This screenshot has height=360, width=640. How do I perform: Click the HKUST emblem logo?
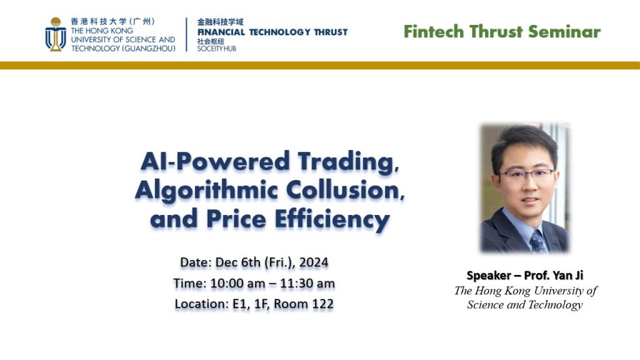[x=56, y=34]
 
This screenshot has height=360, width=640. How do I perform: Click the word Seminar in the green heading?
[x=564, y=31]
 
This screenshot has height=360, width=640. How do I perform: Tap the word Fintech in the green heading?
[x=434, y=31]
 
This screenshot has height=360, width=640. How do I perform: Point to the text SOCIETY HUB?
[x=217, y=49]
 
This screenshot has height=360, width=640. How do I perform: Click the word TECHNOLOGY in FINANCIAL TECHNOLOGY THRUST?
[x=280, y=32]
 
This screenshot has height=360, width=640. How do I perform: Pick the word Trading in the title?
[x=348, y=162]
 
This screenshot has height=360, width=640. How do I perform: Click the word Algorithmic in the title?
[x=206, y=191]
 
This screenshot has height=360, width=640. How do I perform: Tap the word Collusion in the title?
[x=345, y=190]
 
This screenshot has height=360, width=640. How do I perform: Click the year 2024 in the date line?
[x=314, y=262]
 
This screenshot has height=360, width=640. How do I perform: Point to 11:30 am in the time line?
[x=307, y=283]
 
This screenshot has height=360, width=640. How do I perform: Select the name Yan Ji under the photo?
[x=568, y=276]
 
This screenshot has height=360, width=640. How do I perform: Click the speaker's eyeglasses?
[x=527, y=175]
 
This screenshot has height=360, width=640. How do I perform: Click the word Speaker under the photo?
[x=489, y=276]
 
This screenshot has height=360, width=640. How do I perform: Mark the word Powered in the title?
[x=233, y=162]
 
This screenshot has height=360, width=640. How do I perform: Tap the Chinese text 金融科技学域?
[x=221, y=22]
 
